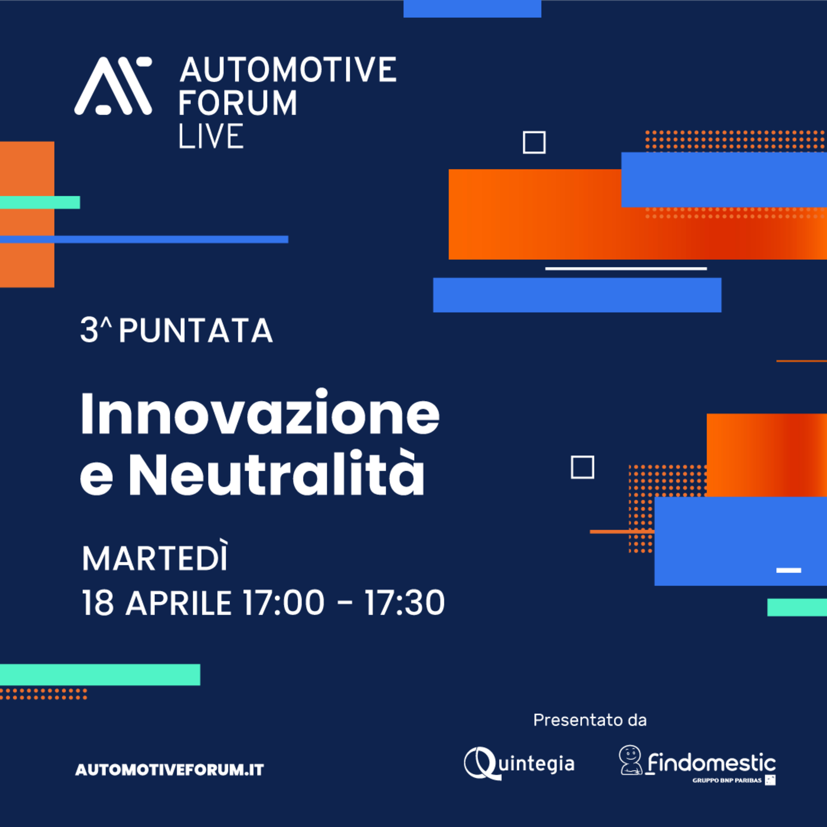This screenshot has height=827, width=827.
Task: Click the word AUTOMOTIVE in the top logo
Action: [288, 69]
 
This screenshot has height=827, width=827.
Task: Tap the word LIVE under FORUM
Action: [211, 136]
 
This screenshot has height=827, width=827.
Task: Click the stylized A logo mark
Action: [113, 86]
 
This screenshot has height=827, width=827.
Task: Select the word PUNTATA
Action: [196, 331]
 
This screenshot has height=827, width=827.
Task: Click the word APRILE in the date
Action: [179, 603]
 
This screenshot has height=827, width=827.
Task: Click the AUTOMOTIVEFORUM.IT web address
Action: [170, 770]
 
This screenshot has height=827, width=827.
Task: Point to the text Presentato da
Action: [590, 720]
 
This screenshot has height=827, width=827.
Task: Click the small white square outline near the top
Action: [534, 143]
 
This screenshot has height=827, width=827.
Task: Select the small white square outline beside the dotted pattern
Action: [582, 467]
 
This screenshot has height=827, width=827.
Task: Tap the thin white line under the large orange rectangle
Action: [626, 269]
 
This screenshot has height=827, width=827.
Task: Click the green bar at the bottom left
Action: [100, 675]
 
